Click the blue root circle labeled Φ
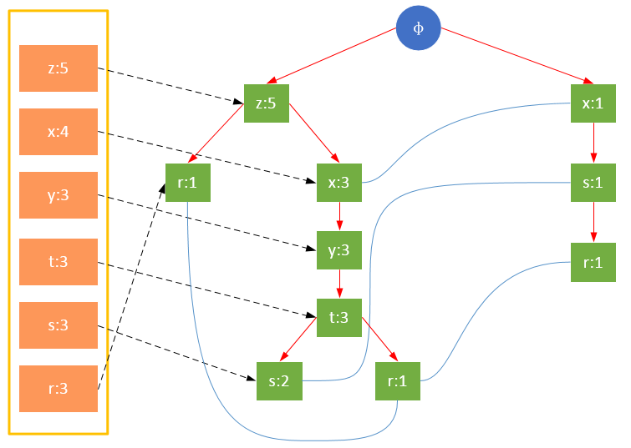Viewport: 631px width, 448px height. (x=419, y=28)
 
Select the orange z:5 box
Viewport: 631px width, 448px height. (x=59, y=68)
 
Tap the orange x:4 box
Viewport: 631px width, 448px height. (x=59, y=132)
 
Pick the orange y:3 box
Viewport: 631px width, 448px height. (x=59, y=196)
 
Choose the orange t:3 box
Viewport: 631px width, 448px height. (x=59, y=262)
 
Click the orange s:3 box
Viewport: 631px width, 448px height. (x=59, y=325)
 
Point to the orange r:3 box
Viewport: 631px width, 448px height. (x=59, y=389)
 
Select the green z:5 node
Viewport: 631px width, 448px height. (x=266, y=103)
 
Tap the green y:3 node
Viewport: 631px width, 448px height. (x=339, y=249)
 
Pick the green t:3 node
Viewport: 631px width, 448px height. (x=339, y=316)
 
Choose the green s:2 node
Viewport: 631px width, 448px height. (x=279, y=381)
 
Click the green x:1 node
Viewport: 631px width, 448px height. (x=593, y=103)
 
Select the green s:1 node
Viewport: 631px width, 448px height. (x=593, y=183)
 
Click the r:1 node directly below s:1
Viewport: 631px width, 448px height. (x=593, y=262)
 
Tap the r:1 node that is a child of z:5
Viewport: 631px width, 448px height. (x=188, y=183)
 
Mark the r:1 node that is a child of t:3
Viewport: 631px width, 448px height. (x=398, y=381)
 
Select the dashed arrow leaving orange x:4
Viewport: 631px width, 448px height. (x=209, y=156)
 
